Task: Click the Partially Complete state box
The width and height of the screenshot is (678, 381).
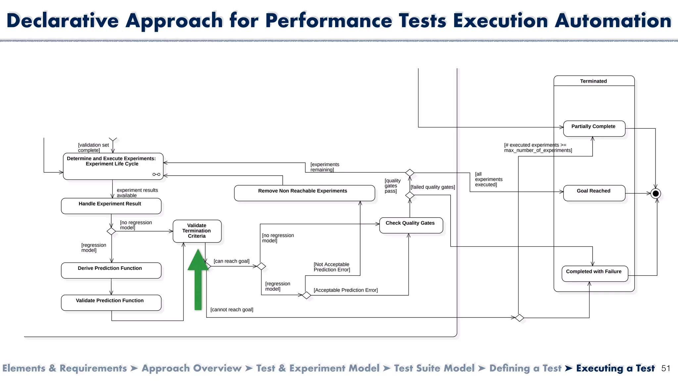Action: click(x=594, y=129)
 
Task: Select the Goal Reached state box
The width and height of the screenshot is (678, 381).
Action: click(x=594, y=193)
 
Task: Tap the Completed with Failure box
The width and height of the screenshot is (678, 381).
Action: click(x=595, y=274)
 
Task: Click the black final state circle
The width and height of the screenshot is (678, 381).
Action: click(x=655, y=193)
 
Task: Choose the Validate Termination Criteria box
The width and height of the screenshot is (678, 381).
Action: click(x=197, y=231)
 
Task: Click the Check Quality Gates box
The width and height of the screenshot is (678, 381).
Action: click(x=411, y=225)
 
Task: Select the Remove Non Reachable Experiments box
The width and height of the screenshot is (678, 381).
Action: click(x=304, y=193)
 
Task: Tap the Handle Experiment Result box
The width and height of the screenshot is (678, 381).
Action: click(x=111, y=206)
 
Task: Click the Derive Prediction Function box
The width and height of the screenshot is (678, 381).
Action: click(x=111, y=270)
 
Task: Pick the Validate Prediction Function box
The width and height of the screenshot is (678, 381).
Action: click(x=111, y=303)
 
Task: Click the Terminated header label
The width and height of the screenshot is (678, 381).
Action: click(x=593, y=81)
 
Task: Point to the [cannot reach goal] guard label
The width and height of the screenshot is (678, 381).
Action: click(x=232, y=310)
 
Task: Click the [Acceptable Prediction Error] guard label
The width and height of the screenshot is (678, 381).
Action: click(x=346, y=290)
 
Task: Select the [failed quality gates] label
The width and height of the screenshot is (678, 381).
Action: click(x=433, y=187)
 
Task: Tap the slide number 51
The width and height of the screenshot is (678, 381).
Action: click(x=665, y=368)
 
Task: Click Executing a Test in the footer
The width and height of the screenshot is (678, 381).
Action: click(x=615, y=368)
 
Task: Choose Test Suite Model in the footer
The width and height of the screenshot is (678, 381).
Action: click(x=434, y=368)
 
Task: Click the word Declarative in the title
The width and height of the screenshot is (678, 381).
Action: click(x=63, y=21)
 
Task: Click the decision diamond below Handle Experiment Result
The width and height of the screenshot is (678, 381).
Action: click(x=111, y=231)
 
